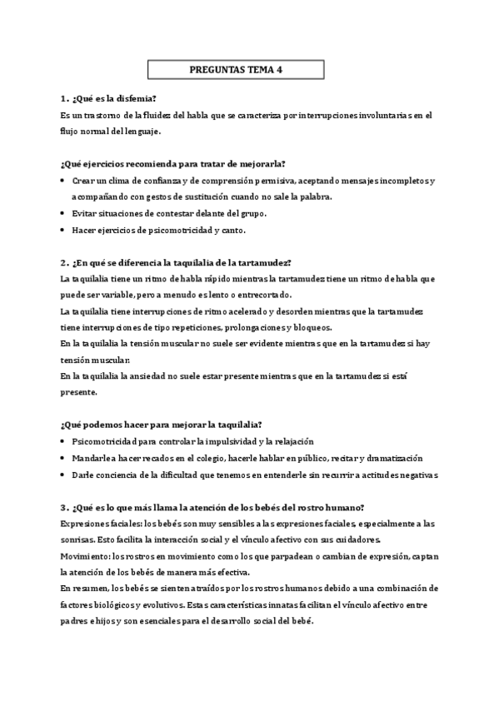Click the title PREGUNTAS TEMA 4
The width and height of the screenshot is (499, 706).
point(236,71)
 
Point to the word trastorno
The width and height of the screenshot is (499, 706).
point(105,115)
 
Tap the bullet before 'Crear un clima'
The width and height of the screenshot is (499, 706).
point(65,180)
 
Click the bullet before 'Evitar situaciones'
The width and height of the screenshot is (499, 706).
point(65,212)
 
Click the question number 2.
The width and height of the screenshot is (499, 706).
point(64,261)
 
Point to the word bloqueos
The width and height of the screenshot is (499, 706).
point(312,326)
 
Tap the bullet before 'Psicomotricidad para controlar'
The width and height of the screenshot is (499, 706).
point(65,441)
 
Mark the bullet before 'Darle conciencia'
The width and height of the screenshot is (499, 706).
point(65,475)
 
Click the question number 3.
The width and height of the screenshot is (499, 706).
point(64,507)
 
